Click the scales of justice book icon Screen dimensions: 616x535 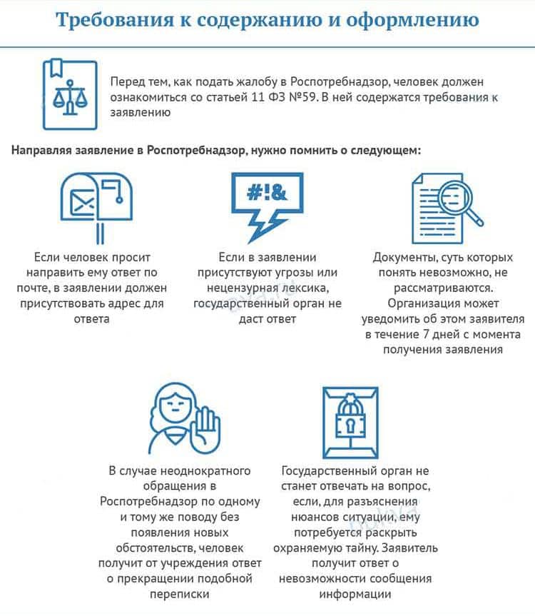pos(69,95)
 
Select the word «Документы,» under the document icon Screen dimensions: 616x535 pos(406,257)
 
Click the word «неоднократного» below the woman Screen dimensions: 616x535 pos(210,470)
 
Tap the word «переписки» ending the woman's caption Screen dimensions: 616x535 pos(180,594)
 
